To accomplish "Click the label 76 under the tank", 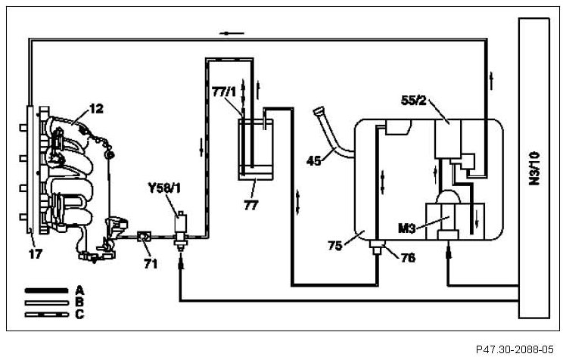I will (407, 258).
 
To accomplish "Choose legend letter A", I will (79, 290).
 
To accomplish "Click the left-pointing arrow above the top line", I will (233, 33).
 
